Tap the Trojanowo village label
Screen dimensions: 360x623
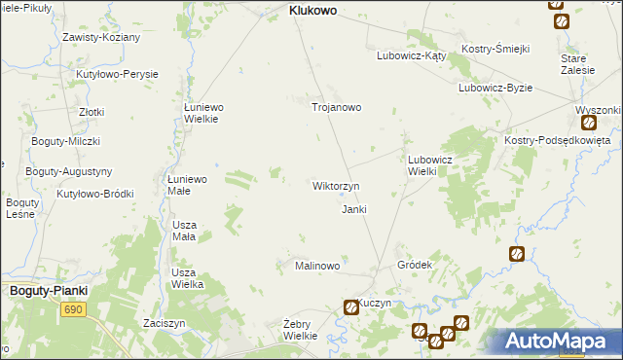point(336,107)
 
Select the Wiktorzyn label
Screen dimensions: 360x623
point(336,185)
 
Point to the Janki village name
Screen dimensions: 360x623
point(352,209)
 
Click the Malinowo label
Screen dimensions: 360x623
point(317,266)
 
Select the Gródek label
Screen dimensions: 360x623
point(415,265)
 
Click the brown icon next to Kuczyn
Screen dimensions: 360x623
point(350,307)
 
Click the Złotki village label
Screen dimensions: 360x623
point(92,112)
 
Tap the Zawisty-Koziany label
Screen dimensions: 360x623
point(101,37)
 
